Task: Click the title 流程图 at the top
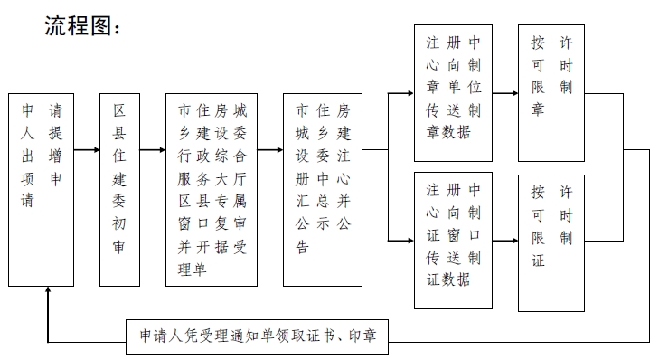(x=82, y=27)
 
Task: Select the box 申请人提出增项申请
(x=42, y=189)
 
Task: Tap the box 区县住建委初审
(x=120, y=189)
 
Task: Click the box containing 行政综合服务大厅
(x=212, y=189)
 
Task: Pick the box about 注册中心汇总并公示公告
(x=323, y=189)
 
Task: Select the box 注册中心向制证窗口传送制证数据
(x=453, y=233)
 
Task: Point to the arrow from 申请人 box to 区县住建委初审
(x=87, y=151)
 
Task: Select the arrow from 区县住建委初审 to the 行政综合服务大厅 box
(x=154, y=151)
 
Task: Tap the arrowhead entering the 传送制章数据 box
(x=408, y=91)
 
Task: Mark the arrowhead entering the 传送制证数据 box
(x=408, y=241)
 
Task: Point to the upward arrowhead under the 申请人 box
(x=48, y=292)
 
